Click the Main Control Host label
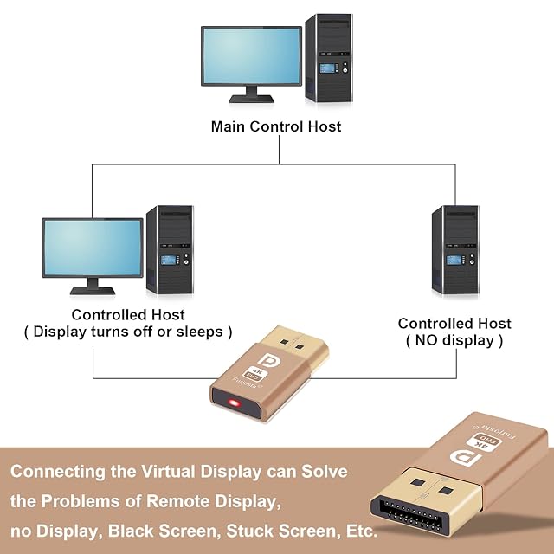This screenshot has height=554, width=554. point(276,126)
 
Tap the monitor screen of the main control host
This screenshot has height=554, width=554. point(251,55)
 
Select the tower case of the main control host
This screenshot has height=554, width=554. point(329,58)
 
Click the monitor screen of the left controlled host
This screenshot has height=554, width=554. point(93,248)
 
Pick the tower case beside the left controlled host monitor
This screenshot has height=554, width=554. point(170,250)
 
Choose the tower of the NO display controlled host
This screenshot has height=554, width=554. point(455,250)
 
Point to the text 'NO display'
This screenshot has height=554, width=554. point(454,340)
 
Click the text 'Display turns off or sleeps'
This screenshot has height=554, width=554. point(128,332)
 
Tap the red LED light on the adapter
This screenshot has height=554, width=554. point(234,403)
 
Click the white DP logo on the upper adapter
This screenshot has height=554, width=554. point(267,359)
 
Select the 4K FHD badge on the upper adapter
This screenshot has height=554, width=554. point(254,374)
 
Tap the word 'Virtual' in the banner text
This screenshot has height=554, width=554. point(168,471)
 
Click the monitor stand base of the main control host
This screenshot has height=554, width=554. point(251,99)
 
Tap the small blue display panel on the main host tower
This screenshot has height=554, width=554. point(327,68)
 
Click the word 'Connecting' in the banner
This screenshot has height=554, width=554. point(58,472)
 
